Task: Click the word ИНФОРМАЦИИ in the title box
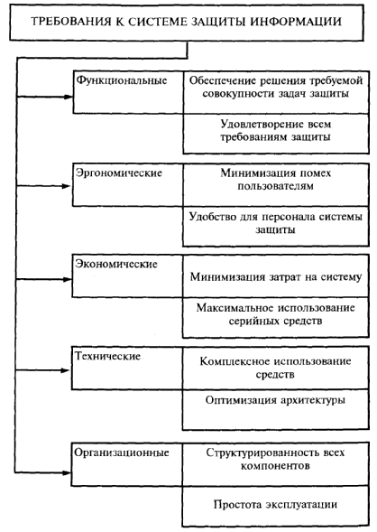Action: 296,22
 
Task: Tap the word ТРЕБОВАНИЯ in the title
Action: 71,22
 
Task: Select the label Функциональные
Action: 122,80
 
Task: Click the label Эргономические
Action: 119,173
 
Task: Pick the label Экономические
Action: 116,264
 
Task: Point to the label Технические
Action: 107,356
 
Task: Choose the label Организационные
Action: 122,453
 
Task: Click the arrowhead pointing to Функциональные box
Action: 68,97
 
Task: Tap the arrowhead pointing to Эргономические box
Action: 67,186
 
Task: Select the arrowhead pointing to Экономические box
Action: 67,279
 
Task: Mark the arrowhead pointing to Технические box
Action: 66,370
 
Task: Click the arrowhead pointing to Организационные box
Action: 67,472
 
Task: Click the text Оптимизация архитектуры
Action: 275,400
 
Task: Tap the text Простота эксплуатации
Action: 275,505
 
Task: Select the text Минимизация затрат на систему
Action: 276,277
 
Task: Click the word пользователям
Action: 275,186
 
